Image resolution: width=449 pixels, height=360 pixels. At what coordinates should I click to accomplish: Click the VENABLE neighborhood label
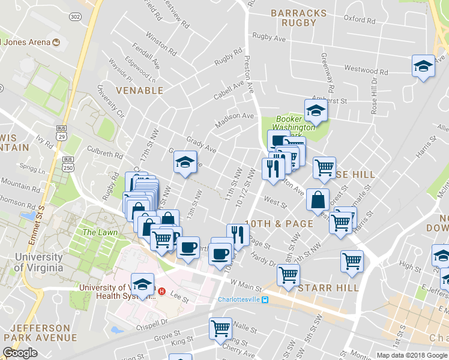(x=139, y=91)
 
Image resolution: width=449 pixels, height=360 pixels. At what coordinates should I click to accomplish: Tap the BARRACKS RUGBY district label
(x=298, y=18)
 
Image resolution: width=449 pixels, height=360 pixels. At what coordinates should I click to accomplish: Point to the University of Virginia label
(x=38, y=262)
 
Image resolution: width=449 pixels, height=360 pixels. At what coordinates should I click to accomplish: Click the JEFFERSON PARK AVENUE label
(x=44, y=333)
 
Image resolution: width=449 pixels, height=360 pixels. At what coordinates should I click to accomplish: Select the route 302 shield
(x=75, y=17)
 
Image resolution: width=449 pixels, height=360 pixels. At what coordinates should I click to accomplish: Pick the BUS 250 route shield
(x=68, y=164)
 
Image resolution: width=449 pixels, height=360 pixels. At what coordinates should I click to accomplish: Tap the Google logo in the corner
(x=20, y=353)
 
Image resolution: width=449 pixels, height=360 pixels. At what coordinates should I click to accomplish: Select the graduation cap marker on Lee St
(x=143, y=284)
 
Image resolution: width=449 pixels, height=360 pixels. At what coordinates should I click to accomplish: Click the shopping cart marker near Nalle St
(x=220, y=329)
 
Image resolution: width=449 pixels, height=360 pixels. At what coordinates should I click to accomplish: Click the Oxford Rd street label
(x=360, y=19)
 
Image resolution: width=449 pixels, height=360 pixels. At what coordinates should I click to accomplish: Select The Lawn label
(x=98, y=232)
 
